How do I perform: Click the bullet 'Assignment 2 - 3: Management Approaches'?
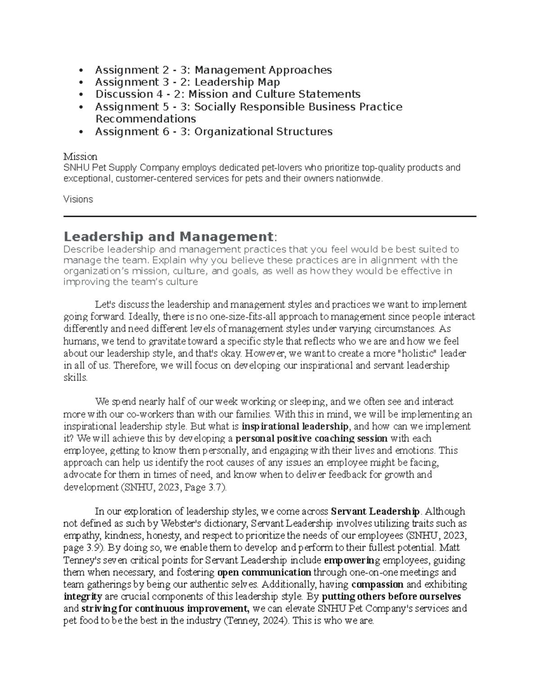pos(213,70)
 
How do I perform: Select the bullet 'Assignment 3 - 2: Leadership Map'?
pos(187,82)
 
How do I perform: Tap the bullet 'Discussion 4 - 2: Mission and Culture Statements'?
pos(228,94)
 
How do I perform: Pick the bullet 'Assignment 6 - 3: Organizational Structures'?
pos(213,132)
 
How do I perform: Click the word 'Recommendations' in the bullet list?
pos(145,119)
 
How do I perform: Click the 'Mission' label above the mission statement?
pos(80,157)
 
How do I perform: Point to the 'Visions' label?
pos(78,200)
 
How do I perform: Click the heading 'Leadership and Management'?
pos(168,236)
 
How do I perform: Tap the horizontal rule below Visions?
pos(270,217)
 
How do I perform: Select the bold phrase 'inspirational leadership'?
pos(295,426)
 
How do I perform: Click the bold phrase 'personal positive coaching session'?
pos(311,438)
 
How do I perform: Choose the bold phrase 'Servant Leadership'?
pos(375,511)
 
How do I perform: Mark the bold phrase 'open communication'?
pos(264,573)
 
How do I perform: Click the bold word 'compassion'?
pos(377,585)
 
